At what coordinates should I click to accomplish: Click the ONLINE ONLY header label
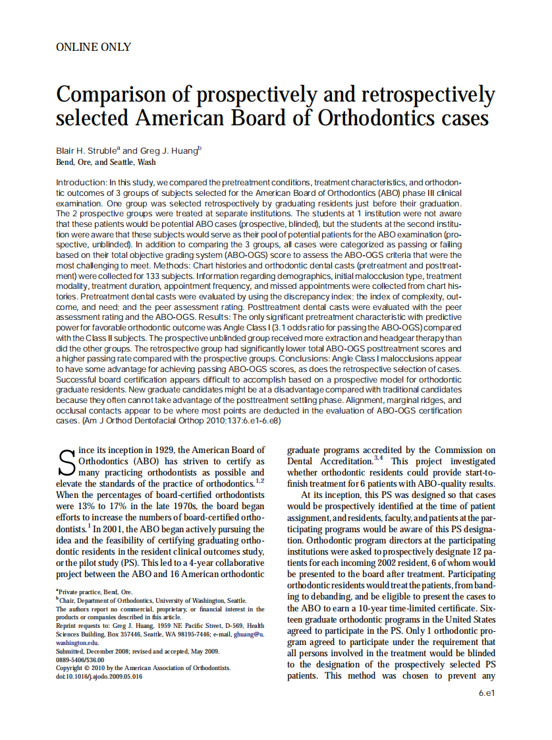coord(93,47)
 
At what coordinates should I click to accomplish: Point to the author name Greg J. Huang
coord(169,150)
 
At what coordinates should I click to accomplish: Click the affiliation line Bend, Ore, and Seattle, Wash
coord(106,162)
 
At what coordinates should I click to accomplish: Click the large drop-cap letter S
coord(67,462)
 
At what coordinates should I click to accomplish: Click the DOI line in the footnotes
coord(99,676)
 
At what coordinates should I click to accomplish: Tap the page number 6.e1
coord(487,693)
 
